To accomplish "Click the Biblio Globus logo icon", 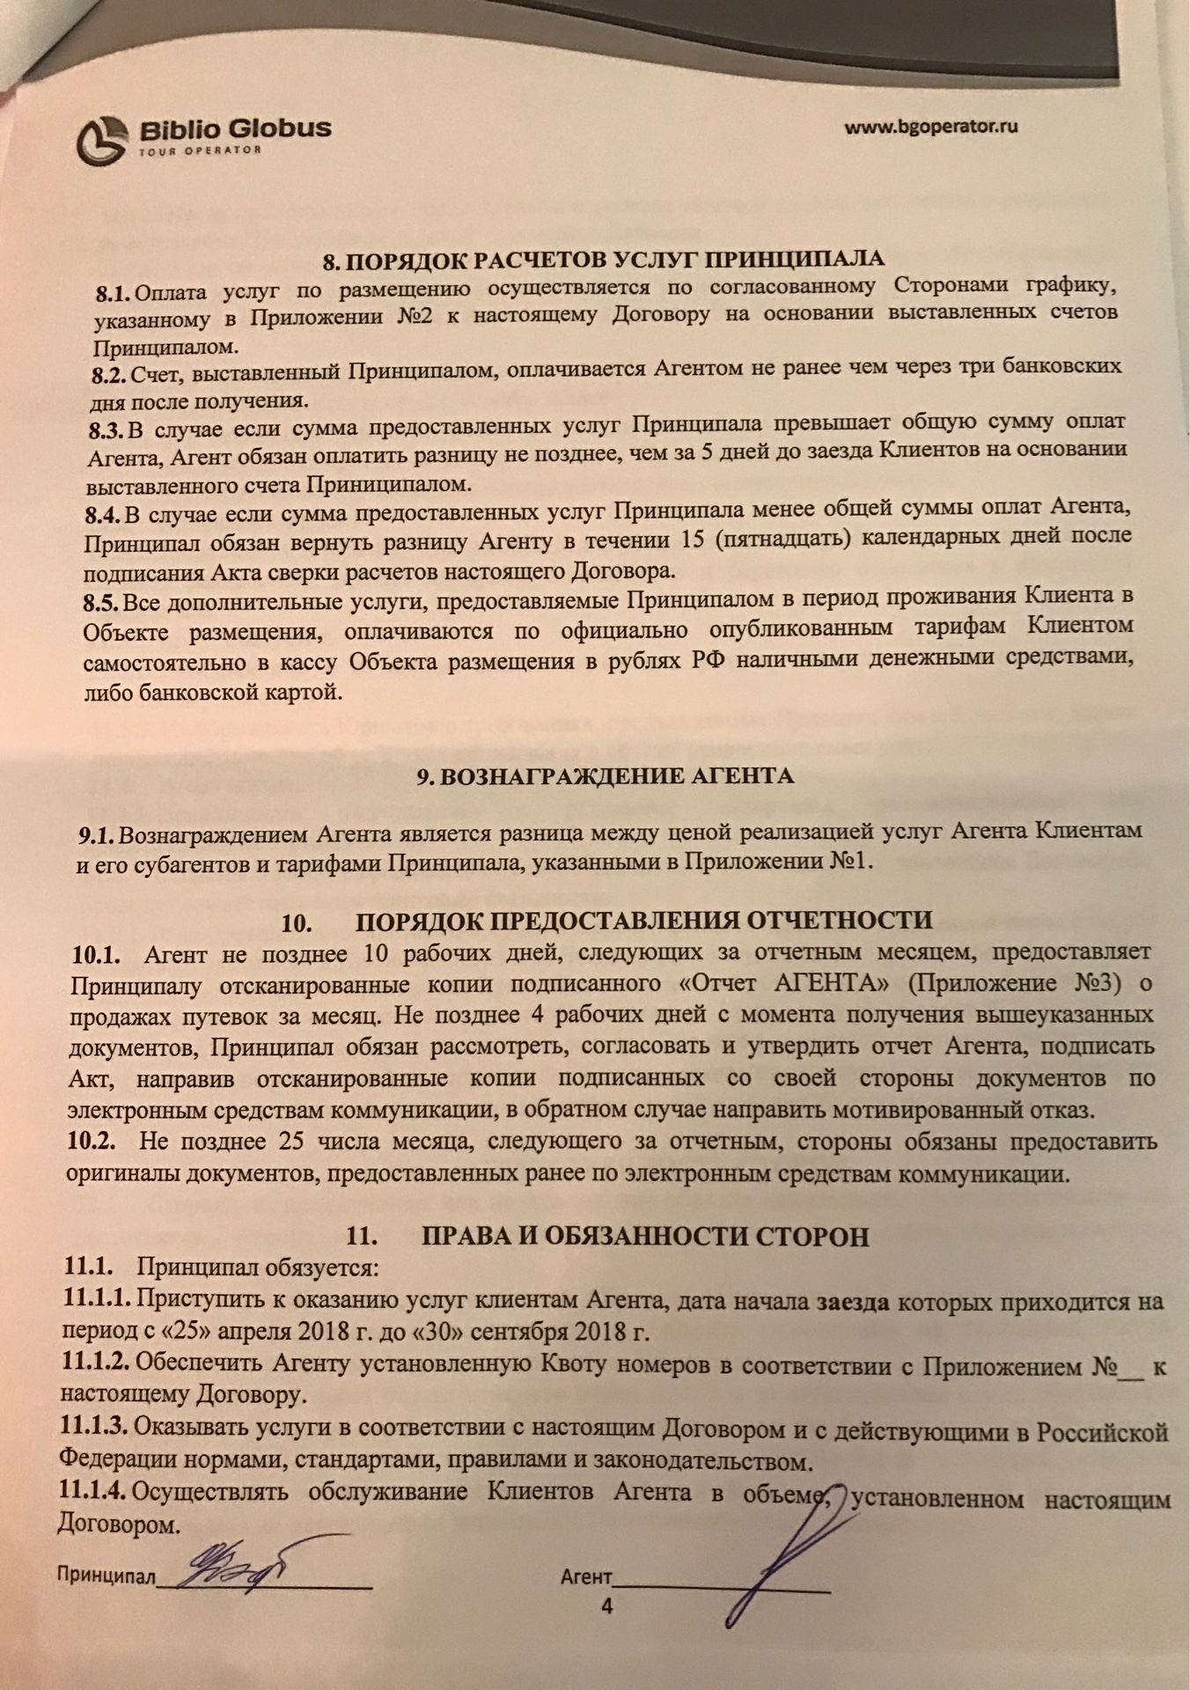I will coord(102,140).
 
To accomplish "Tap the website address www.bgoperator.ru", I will coord(931,127).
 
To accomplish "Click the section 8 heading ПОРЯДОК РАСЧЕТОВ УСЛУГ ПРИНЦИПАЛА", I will coord(603,260).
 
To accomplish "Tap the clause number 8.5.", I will coord(101,603).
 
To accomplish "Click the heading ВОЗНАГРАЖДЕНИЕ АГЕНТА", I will coord(605,775).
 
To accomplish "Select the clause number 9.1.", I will coord(96,833).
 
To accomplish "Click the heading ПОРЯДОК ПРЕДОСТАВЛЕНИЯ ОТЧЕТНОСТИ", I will coord(643,921).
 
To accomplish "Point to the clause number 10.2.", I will coord(92,1142).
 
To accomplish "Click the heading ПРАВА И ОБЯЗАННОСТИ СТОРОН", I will coord(645,1236).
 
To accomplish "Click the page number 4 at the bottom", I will coord(606,1605).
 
